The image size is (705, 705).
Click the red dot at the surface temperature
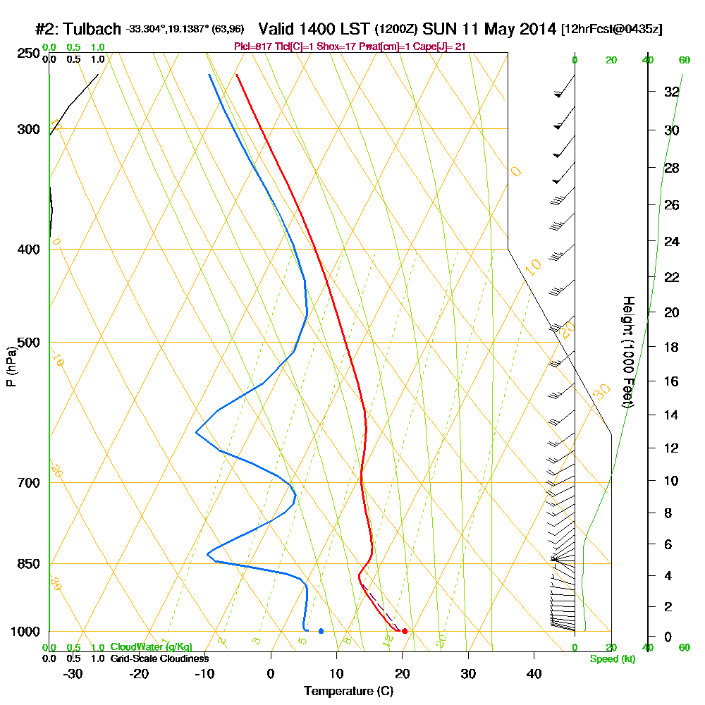pos(405,631)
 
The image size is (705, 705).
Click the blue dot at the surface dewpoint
pos(321,631)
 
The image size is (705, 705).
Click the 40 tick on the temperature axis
pos(534,673)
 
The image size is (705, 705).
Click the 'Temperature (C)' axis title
pos(348,691)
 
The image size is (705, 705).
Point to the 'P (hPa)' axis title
pos(11,366)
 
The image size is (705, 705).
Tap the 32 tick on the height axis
pos(671,92)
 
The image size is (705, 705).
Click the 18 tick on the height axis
pos(671,347)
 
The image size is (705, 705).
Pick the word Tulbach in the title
pos(92,30)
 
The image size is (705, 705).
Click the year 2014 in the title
pos(535,30)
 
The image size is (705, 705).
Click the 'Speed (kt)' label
pos(610,658)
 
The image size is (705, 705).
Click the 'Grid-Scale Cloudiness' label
pos(159,658)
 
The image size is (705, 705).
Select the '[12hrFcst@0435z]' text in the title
pos(611,30)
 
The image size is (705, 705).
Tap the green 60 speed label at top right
pos(684,61)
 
